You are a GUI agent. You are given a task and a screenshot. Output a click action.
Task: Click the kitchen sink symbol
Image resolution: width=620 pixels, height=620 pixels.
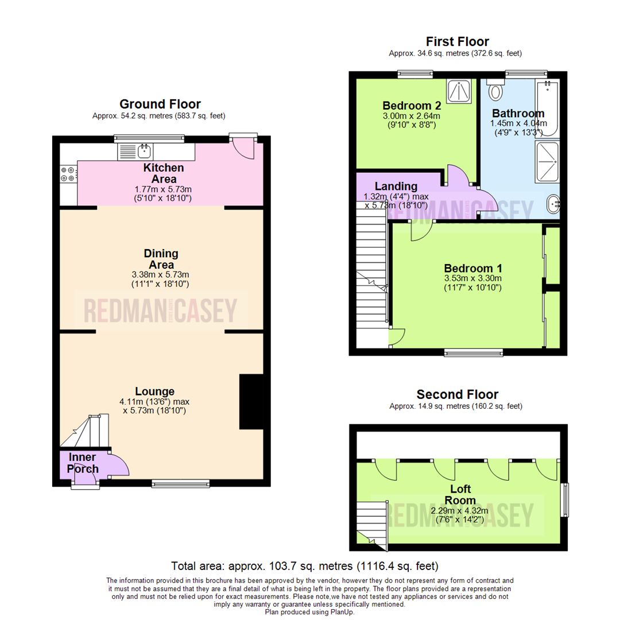[144, 152]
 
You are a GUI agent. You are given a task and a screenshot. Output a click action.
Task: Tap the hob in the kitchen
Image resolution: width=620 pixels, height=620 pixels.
[68, 174]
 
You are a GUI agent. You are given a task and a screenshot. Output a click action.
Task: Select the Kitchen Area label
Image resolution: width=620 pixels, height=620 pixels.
[164, 173]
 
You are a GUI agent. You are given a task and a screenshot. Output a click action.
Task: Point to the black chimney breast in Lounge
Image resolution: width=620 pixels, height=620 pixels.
[251, 402]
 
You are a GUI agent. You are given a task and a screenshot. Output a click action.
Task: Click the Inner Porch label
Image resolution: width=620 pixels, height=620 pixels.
[83, 463]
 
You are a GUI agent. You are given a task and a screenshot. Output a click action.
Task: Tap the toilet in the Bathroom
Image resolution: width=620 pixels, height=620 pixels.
[494, 91]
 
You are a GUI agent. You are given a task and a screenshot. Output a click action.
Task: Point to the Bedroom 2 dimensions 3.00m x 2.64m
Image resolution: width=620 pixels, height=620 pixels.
[412, 116]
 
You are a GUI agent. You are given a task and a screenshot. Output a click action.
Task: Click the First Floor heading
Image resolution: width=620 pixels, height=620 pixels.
[457, 41]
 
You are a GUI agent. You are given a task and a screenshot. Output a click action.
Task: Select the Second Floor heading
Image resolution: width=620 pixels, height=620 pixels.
[457, 394]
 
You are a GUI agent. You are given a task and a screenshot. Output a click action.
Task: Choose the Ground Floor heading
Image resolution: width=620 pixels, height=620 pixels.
[160, 104]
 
